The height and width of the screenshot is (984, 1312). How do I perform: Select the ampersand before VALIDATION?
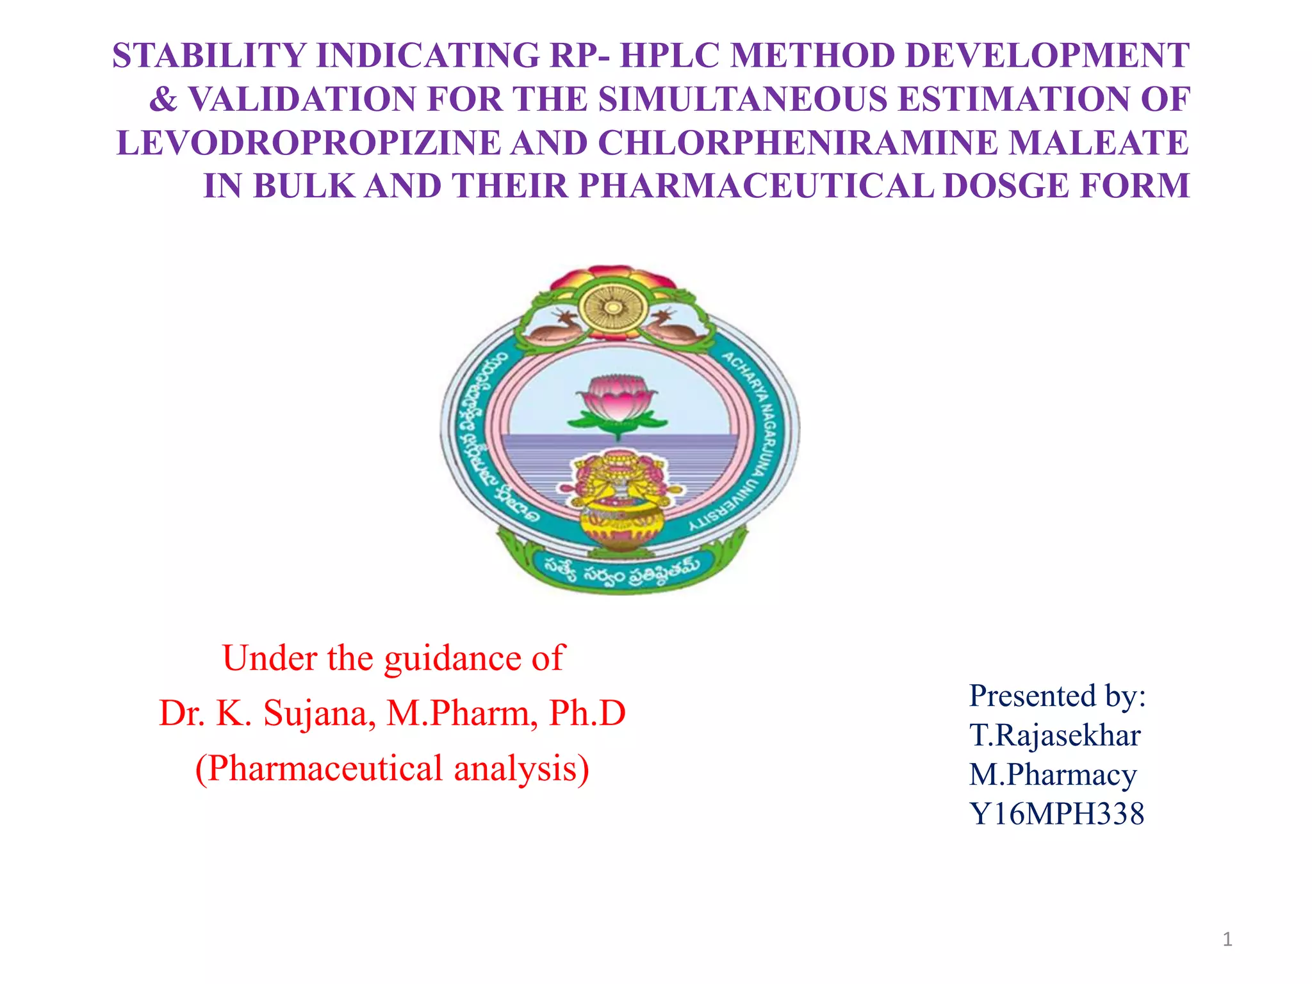click(x=163, y=99)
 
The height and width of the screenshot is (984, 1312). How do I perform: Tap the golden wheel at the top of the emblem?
click(x=613, y=308)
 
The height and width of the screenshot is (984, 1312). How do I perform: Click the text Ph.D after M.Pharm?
click(x=587, y=713)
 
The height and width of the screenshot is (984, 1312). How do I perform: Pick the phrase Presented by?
click(x=1057, y=696)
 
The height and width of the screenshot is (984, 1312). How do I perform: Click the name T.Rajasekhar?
click(x=1054, y=735)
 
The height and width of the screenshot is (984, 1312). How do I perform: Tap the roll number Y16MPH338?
click(x=1056, y=814)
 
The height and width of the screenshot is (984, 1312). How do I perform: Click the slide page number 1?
click(x=1227, y=939)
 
